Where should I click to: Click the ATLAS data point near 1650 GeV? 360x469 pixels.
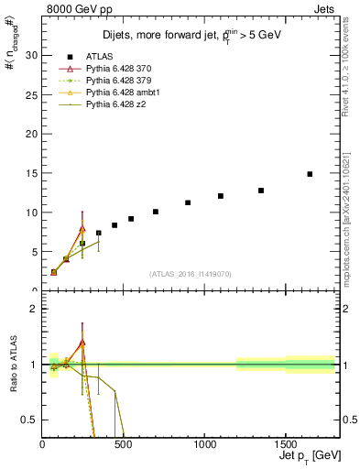310,174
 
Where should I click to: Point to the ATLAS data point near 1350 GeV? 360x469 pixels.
261,191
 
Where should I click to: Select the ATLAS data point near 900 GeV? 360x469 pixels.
188,202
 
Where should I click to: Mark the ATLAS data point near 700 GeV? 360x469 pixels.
156,212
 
